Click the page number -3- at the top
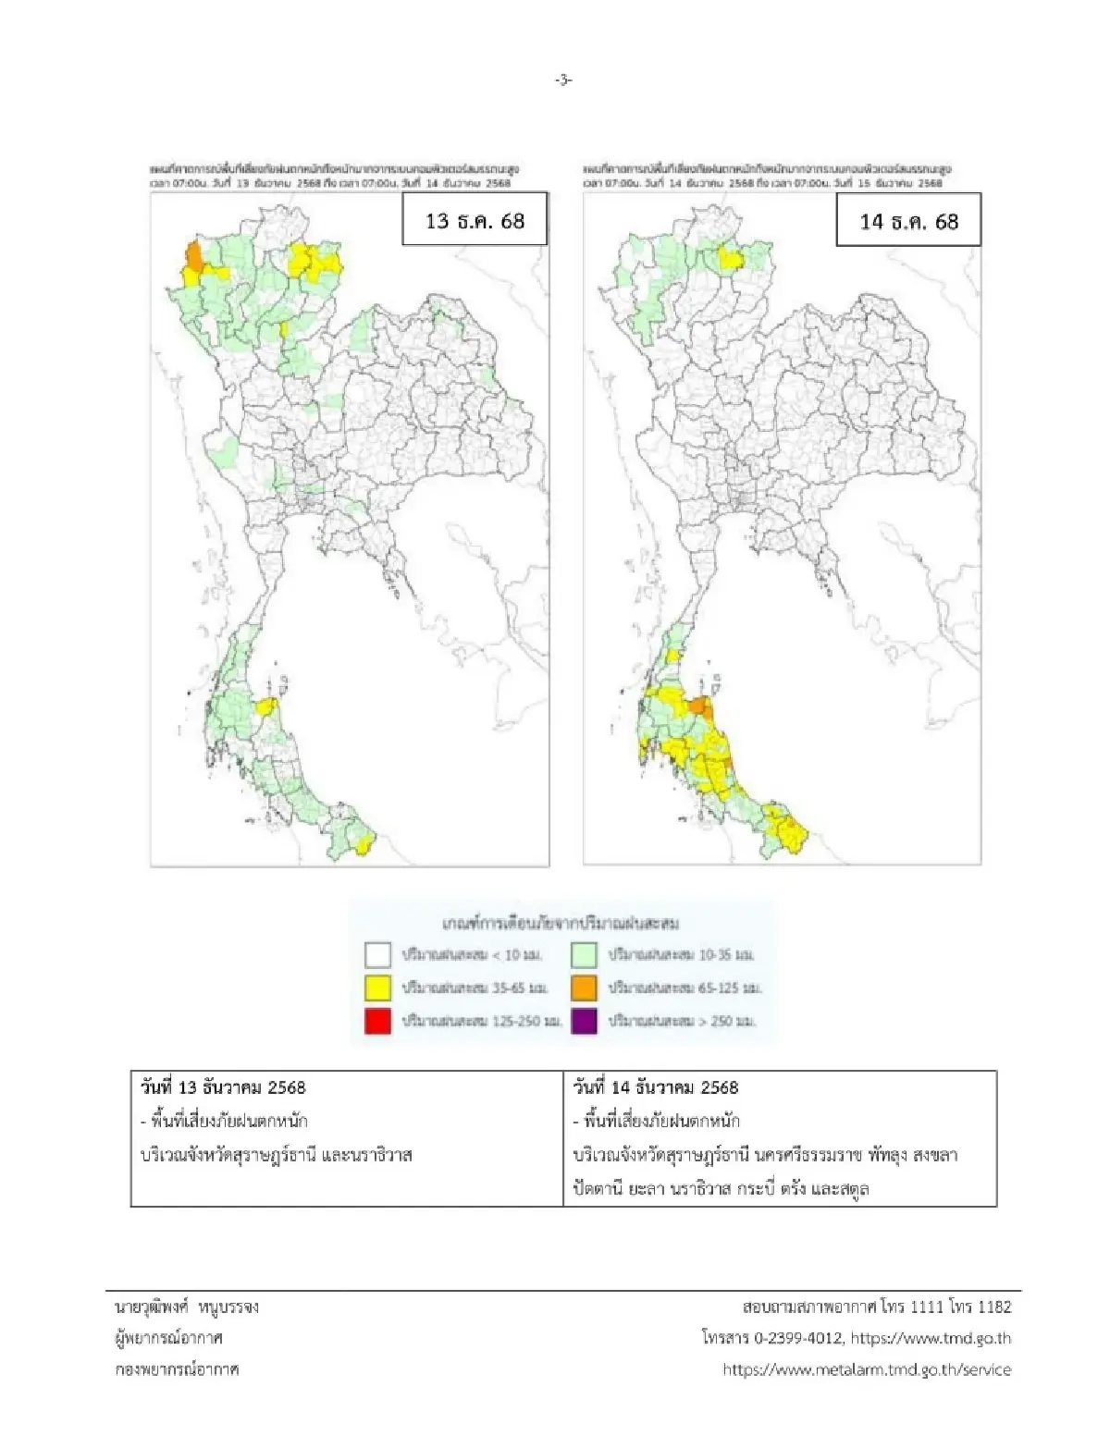coord(563,80)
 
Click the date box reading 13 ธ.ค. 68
coord(475,221)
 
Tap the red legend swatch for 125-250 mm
coord(377,1021)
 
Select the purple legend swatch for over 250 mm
coord(584,1021)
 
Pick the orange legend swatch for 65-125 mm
coord(584,988)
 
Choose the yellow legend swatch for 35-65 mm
coord(377,988)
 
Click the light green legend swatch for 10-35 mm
coord(584,954)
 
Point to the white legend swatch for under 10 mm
coord(377,954)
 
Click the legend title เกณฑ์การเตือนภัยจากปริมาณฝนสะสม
coord(561,923)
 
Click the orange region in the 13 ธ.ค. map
coord(193,255)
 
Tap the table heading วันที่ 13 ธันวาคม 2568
coord(223,1087)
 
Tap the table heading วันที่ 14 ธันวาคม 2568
coord(656,1087)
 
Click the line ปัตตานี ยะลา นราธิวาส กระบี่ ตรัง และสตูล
coord(721,1188)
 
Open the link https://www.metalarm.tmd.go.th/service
coord(867,1369)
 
